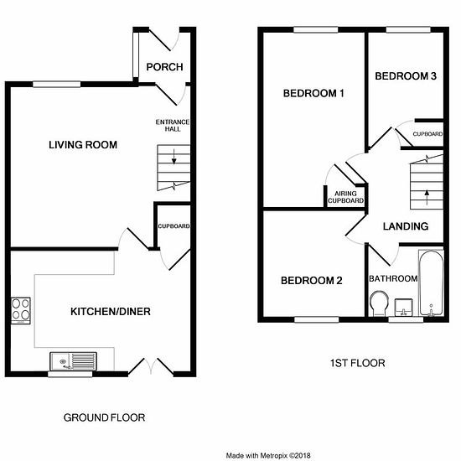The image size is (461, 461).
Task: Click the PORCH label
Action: [164, 67]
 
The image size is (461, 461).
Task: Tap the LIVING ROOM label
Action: [83, 145]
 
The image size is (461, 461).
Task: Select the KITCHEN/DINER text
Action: [111, 311]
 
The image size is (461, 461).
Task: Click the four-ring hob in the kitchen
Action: [21, 311]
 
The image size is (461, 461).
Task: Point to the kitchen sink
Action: [73, 361]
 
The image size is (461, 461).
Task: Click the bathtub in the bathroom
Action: [431, 282]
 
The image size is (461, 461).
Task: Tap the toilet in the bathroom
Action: [379, 303]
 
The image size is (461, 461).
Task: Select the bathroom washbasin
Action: [403, 308]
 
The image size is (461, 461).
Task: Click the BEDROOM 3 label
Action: [406, 76]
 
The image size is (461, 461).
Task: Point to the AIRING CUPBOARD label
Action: [345, 197]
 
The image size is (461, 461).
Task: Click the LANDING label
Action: [406, 226]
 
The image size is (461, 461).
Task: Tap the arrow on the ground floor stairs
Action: [174, 157]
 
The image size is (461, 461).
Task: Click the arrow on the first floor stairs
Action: [427, 197]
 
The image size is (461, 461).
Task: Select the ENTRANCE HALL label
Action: [173, 125]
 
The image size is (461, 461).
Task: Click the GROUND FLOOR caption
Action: [104, 417]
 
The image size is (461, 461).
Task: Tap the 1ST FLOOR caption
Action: [358, 363]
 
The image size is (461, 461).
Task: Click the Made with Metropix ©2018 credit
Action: [268, 456]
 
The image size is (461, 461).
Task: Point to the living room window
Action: [56, 85]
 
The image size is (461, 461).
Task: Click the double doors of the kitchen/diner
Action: [151, 366]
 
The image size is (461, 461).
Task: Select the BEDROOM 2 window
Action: [317, 319]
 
